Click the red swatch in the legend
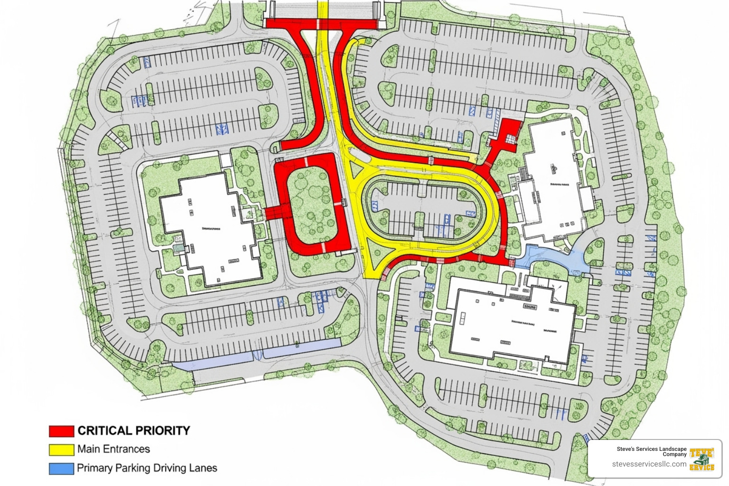click(x=62, y=430)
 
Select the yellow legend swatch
click(x=62, y=449)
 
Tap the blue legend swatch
click(x=62, y=468)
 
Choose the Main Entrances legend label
click(x=113, y=449)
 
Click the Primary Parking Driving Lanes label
click(x=147, y=468)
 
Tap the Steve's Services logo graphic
click(x=702, y=459)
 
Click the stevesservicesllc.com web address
click(x=649, y=464)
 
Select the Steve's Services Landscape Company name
click(x=652, y=451)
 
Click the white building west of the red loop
click(x=209, y=228)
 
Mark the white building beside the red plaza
click(x=553, y=180)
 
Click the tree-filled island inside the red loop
click(x=311, y=204)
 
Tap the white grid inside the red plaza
click(x=510, y=139)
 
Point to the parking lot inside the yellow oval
click(x=427, y=209)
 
